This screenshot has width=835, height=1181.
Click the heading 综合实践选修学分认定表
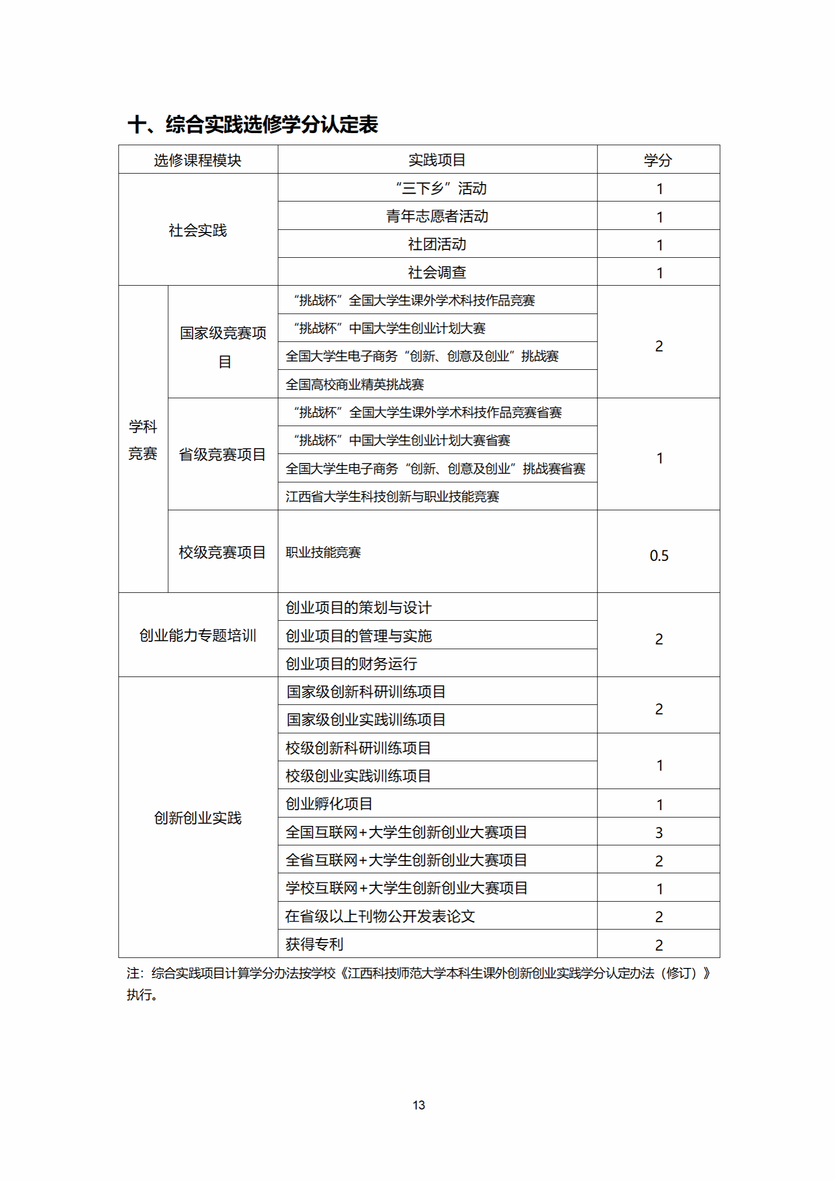253,125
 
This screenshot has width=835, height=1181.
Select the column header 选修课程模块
197,160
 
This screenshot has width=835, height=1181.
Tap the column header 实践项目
437,160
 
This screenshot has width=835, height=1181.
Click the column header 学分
658,160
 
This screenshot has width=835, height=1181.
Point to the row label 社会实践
197,230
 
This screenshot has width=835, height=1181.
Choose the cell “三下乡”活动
441,188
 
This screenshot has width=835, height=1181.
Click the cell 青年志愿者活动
437,216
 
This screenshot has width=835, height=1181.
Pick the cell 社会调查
437,272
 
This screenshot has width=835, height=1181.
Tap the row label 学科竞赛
143,440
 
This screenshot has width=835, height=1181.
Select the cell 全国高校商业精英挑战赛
355,385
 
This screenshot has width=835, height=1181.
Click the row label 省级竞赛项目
222,455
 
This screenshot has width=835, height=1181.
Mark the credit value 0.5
659,556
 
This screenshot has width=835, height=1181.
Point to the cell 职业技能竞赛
323,552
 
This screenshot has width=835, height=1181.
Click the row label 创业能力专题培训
197,635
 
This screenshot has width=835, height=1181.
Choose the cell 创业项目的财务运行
351,664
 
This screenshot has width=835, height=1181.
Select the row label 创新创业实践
197,818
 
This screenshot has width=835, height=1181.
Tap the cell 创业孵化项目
329,804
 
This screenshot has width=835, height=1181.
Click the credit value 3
659,833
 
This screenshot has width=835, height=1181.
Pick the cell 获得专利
314,944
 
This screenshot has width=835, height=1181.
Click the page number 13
419,1105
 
